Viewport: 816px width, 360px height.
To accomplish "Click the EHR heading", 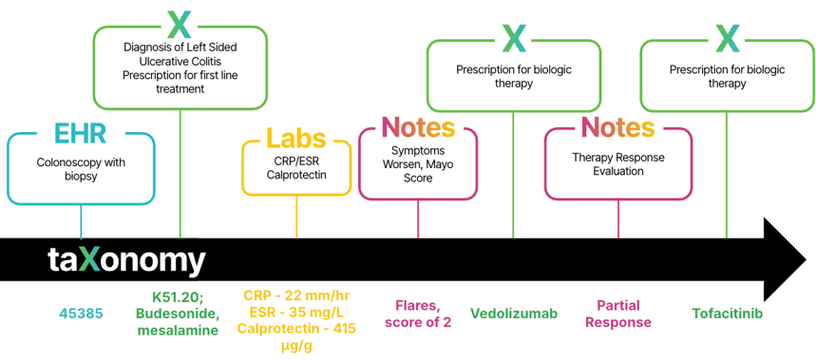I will click(x=81, y=134).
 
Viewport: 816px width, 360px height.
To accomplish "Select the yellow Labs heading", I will click(x=296, y=139).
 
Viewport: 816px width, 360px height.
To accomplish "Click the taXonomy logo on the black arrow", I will click(x=126, y=260).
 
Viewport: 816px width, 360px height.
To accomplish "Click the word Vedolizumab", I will click(x=514, y=313).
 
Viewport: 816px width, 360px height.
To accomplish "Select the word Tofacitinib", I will click(x=727, y=313).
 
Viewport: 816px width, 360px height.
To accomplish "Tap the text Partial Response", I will click(x=618, y=313).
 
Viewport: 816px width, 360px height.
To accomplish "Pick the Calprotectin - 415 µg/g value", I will click(x=297, y=337).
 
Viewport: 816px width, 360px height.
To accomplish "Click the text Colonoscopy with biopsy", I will click(x=81, y=169).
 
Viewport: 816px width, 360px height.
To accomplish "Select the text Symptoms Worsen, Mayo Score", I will click(x=418, y=163).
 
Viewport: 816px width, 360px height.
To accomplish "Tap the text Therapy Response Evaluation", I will click(x=617, y=163).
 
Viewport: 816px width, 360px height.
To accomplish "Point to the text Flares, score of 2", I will click(x=418, y=313).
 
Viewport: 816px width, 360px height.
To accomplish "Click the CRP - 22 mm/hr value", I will click(x=297, y=295).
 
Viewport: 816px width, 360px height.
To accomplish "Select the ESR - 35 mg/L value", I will click(x=297, y=313).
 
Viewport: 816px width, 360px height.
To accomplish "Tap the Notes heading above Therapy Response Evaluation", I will click(x=617, y=127).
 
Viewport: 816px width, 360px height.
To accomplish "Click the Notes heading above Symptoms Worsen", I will click(x=418, y=126).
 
